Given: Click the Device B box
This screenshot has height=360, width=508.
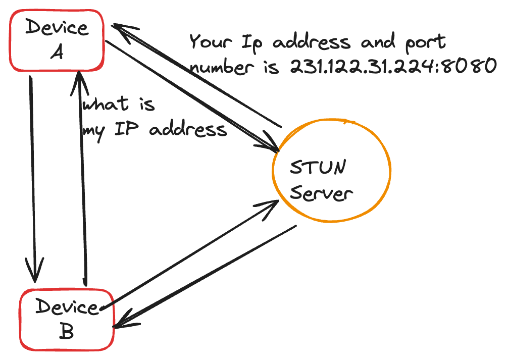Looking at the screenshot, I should pyautogui.click(x=66, y=319).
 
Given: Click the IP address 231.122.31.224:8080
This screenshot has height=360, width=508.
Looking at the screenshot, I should pyautogui.click(x=392, y=66).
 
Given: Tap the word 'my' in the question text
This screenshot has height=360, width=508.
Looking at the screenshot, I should pyautogui.click(x=93, y=130).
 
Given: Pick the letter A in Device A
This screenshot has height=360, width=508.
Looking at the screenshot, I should pyautogui.click(x=57, y=52).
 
